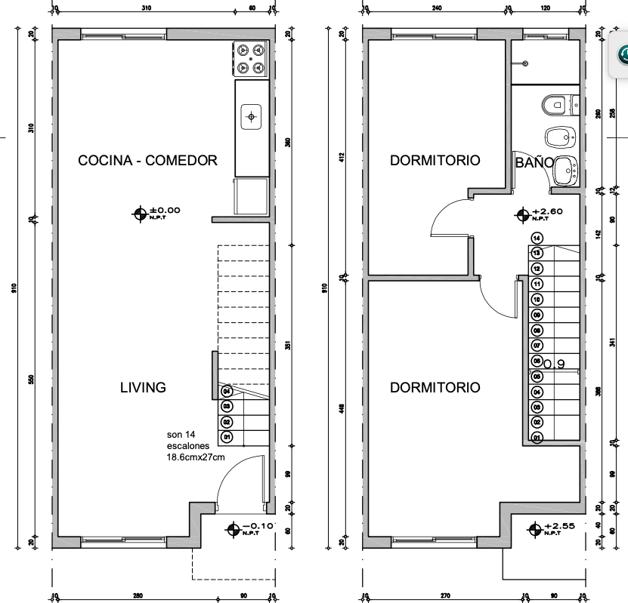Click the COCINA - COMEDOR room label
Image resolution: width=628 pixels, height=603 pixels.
tap(148, 160)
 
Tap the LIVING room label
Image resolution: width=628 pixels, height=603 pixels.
tap(143, 387)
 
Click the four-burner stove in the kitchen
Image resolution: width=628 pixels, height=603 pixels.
tap(251, 59)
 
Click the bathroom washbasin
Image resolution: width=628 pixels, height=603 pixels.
tap(565, 171)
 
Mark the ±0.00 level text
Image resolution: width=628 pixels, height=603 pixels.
tap(165, 211)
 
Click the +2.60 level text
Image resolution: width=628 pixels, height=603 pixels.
tap(547, 211)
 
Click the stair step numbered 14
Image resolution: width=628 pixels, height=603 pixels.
tap(537, 238)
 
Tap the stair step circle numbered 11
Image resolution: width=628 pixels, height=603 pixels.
tap(537, 284)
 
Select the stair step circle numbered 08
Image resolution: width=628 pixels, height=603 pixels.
tap(537, 331)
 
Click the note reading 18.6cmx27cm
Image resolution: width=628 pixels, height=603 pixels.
tap(196, 457)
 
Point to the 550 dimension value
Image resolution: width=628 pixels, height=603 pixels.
tap(31, 380)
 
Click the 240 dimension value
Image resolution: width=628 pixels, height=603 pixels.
tap(436, 8)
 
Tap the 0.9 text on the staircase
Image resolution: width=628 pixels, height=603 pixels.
tap(555, 365)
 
